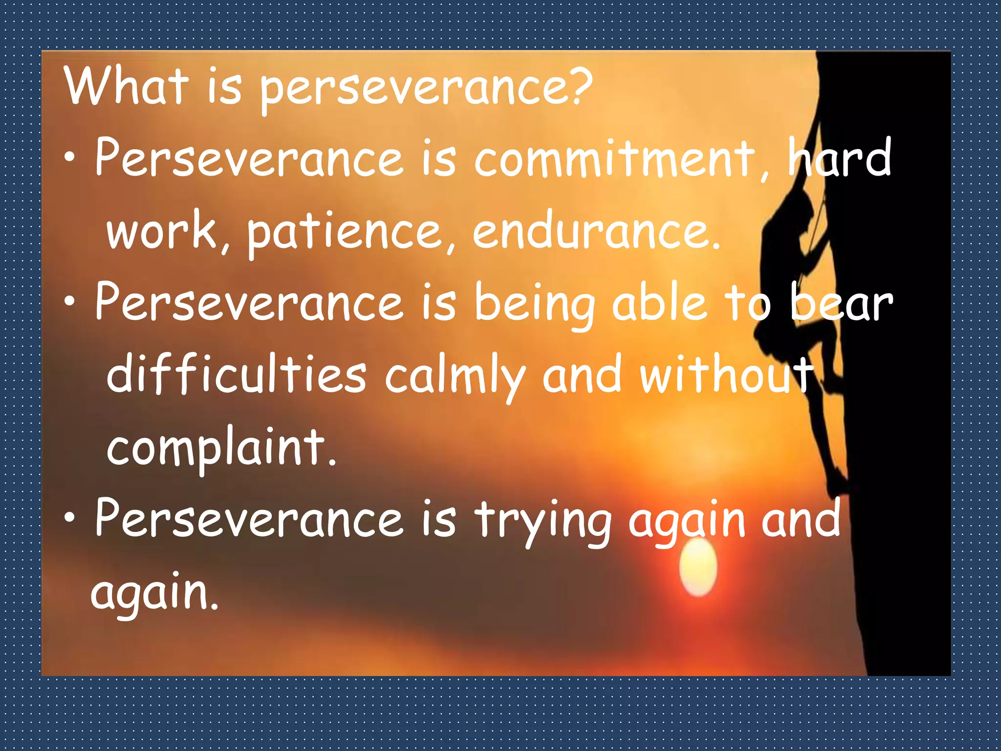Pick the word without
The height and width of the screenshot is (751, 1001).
728,374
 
